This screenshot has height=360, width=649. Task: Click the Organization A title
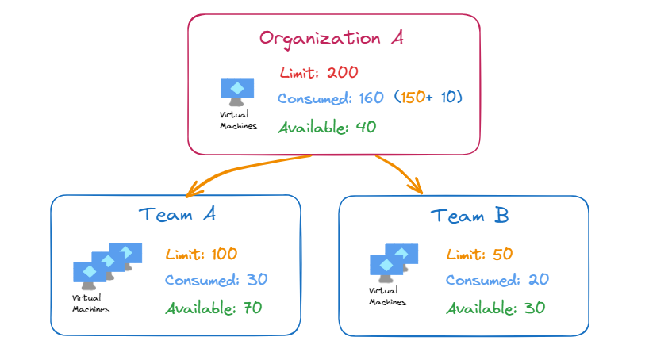tap(332, 37)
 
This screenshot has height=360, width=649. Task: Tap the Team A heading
tap(176, 214)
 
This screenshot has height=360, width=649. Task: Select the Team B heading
tap(469, 215)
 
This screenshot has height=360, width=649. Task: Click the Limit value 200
tap(343, 73)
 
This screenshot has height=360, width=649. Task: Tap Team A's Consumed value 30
tap(255, 280)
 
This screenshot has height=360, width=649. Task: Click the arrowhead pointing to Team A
tap(191, 192)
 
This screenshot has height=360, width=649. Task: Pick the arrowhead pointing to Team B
tap(416, 188)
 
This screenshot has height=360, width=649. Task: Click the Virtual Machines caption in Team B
tap(388, 297)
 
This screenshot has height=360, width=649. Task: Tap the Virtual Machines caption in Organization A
tap(238, 121)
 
